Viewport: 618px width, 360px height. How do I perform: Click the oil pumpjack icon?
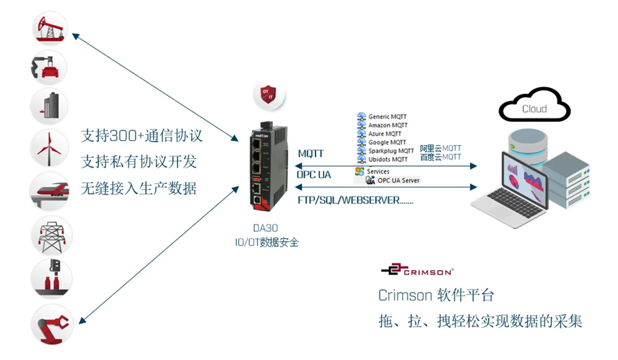50,29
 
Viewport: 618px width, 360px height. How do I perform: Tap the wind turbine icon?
49,148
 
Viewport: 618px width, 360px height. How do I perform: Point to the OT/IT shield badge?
269,95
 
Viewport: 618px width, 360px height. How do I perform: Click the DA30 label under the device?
265,228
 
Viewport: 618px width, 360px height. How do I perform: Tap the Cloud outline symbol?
534,106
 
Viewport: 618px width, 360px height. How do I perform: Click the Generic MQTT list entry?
387,116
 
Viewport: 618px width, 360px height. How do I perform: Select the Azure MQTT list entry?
384,134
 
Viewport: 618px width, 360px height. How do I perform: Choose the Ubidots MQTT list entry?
387,159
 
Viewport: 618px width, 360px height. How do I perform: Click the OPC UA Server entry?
398,180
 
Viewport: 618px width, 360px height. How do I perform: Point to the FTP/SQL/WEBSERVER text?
355,200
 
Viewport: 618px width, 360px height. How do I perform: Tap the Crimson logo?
417,270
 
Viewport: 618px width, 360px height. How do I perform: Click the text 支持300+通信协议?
141,136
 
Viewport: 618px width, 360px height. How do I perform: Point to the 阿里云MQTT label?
440,148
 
